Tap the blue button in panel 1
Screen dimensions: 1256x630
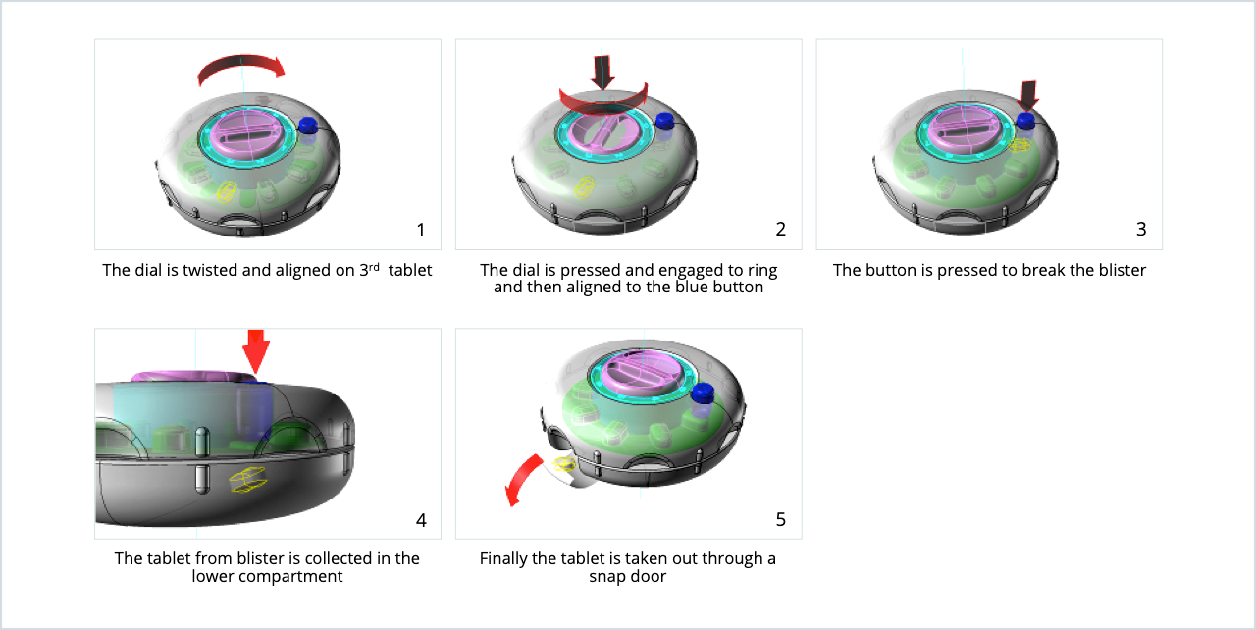308,126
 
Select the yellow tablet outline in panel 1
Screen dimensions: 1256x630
226,191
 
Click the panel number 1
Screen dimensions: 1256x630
421,230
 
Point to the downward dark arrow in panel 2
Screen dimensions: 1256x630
602,72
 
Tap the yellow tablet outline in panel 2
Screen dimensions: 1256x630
584,187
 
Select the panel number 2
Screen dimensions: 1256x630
780,230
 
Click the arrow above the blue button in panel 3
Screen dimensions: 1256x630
1028,96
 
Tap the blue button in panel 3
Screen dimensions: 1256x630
1026,121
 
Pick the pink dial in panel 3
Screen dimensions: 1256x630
965,130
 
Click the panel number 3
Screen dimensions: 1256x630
1141,230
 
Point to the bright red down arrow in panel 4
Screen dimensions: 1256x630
256,351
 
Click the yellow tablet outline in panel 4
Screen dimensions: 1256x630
248,480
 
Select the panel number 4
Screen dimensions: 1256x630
421,521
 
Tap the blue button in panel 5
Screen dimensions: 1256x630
704,393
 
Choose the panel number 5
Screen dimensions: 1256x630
780,519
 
